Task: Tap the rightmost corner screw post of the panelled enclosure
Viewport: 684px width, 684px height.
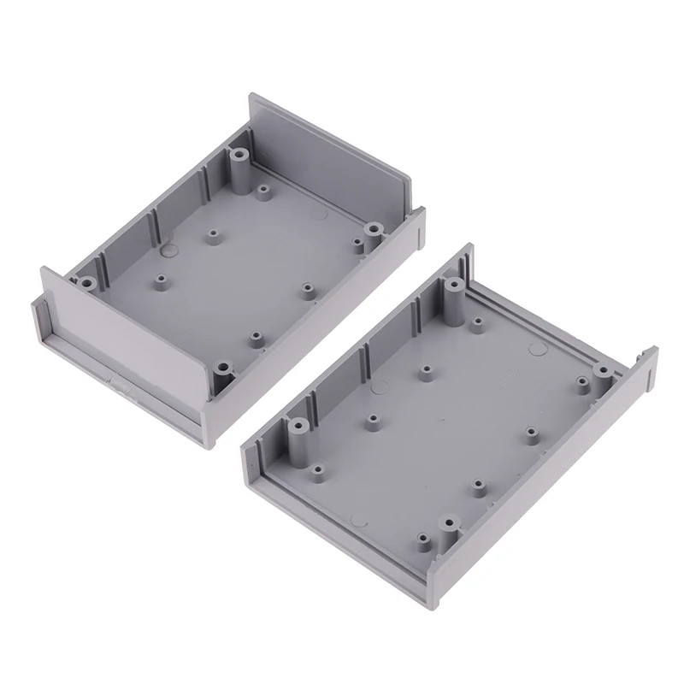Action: (374, 229)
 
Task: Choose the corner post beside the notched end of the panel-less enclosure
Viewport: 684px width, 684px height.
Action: (604, 370)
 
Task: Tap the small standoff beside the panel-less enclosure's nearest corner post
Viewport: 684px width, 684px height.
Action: (423, 538)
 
